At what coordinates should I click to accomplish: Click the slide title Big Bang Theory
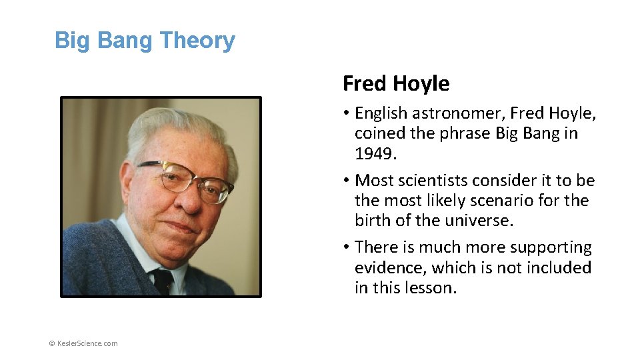click(x=145, y=41)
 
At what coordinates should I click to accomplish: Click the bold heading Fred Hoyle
click(x=396, y=84)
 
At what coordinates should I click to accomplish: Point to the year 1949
click(x=374, y=154)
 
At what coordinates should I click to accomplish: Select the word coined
click(x=379, y=133)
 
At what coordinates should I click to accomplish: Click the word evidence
click(x=390, y=268)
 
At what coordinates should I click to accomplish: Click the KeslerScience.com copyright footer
click(x=83, y=343)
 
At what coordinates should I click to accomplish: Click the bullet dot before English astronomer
click(x=347, y=113)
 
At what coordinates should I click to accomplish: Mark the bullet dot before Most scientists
click(x=347, y=181)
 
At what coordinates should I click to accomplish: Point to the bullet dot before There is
click(x=347, y=247)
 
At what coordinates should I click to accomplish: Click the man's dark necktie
click(x=162, y=280)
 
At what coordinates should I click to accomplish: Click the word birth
click(x=374, y=221)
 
